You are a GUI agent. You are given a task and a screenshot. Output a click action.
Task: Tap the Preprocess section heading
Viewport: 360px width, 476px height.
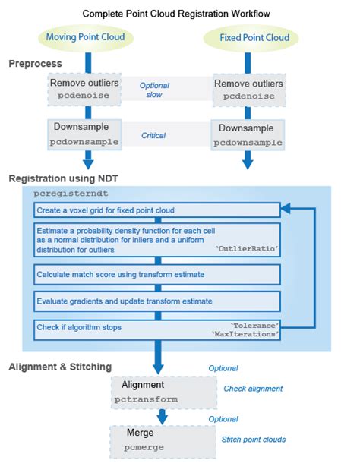(x=35, y=64)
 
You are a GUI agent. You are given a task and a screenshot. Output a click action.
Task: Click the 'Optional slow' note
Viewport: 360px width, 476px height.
(x=154, y=90)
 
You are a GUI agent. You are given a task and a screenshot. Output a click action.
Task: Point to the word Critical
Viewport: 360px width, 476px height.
(x=153, y=135)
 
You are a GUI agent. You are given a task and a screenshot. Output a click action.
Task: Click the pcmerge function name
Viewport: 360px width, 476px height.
(x=144, y=447)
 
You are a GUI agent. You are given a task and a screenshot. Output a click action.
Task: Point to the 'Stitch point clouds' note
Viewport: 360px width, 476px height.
(x=254, y=439)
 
